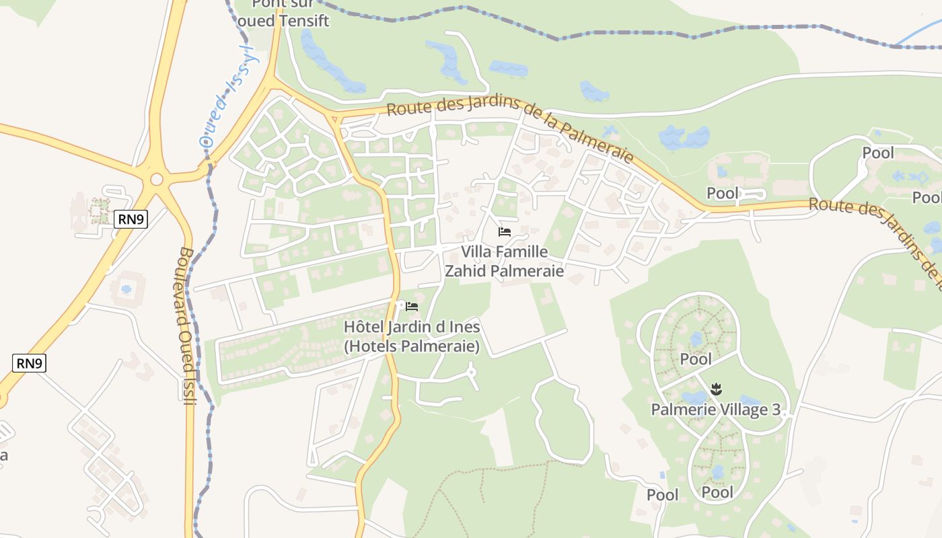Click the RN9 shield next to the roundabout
point(131,219)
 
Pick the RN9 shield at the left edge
point(29,364)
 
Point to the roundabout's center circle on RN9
point(157,180)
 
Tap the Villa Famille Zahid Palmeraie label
point(504,262)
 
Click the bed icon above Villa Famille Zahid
point(505,232)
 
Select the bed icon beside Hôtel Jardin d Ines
point(412,307)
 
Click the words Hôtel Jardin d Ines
point(411,328)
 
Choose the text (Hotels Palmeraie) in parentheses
point(411,347)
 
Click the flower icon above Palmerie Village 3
point(717,389)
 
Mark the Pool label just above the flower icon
point(696,359)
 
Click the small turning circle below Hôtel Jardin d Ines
point(471,371)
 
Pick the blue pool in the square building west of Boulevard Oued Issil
point(126,289)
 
